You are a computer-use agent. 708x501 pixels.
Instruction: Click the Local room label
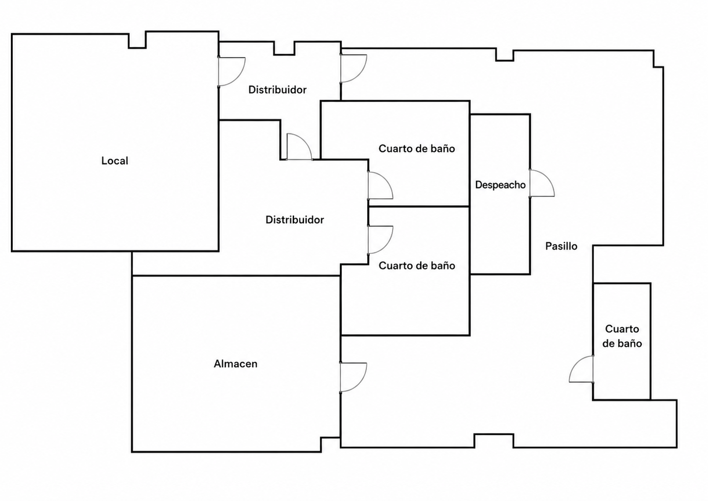pos(115,161)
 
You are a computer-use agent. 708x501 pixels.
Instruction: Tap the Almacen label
pos(236,364)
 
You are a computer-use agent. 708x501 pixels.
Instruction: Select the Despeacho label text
pos(500,185)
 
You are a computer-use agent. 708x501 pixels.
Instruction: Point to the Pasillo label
pos(561,246)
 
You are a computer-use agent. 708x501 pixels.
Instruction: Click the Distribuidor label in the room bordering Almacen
pos(295,220)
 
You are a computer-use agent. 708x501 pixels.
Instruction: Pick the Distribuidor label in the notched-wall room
pos(277,90)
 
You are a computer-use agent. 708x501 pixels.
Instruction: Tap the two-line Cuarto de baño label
pos(622,336)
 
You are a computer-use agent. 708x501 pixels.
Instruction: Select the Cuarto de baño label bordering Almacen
pos(417,265)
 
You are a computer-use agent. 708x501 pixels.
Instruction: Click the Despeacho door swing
pos(542,183)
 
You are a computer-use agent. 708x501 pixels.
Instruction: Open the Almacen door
pos(354,378)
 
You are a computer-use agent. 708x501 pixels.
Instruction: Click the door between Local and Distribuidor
pos(232,72)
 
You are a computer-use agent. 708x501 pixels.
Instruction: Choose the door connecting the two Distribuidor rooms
pos(299,147)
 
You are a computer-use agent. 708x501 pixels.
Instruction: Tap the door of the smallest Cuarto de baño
pos(582,369)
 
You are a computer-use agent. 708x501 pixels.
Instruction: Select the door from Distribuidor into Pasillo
pos(354,68)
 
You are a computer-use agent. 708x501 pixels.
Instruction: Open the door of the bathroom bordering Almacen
pos(380,239)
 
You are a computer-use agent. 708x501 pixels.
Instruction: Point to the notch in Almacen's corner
pos(331,445)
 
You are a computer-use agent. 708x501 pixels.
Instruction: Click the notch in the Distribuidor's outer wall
pos(285,48)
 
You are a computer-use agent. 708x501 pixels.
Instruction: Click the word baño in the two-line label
pos(631,343)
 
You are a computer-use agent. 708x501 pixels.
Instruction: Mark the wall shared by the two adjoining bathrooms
pos(419,207)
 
